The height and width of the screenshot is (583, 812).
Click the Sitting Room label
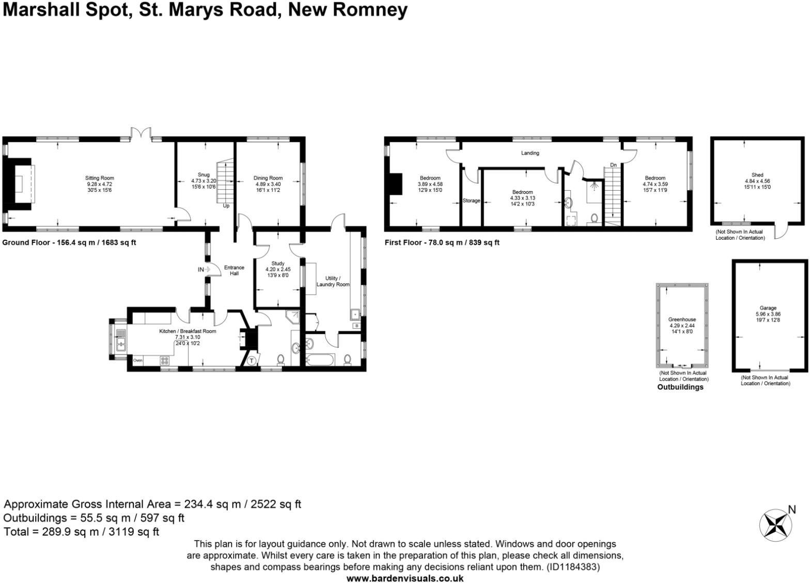(100, 178)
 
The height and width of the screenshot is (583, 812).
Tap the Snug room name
(204, 175)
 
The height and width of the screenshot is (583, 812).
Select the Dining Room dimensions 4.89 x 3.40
(268, 184)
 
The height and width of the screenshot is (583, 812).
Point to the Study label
(278, 264)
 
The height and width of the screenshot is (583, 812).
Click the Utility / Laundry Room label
(333, 281)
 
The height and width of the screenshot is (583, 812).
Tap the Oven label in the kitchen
(138, 360)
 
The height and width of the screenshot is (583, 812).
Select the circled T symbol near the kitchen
(252, 360)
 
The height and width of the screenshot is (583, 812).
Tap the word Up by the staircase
(226, 206)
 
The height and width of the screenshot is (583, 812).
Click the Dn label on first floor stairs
(613, 165)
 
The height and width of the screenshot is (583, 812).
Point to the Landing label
(530, 153)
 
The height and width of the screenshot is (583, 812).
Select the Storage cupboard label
(471, 201)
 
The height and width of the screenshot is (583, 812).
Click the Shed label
(757, 175)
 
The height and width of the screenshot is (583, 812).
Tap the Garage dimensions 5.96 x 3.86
(768, 314)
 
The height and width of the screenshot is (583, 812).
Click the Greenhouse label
(682, 319)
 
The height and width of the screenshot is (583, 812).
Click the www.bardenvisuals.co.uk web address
(404, 578)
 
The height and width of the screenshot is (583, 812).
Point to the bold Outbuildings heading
(680, 387)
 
